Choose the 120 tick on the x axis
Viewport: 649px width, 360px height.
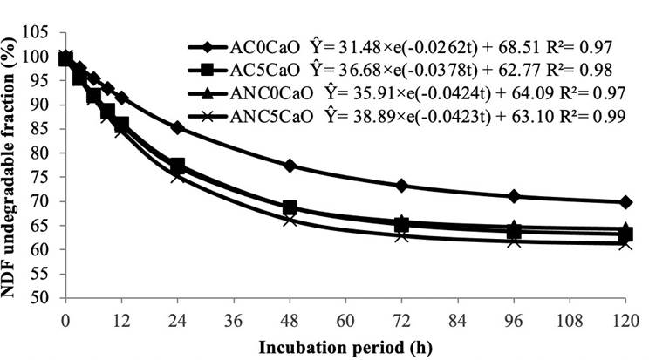tap(625, 315)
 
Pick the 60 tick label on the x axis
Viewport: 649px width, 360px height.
tap(345, 315)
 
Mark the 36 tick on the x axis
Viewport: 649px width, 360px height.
tap(233, 315)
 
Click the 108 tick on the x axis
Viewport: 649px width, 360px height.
tap(569, 315)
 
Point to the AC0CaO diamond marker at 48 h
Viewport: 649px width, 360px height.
tap(290, 166)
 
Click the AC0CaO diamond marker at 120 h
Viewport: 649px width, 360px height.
tap(625, 202)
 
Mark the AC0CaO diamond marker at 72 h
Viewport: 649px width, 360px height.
tap(401, 186)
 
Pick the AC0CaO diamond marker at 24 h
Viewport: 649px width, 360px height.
tap(178, 127)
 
